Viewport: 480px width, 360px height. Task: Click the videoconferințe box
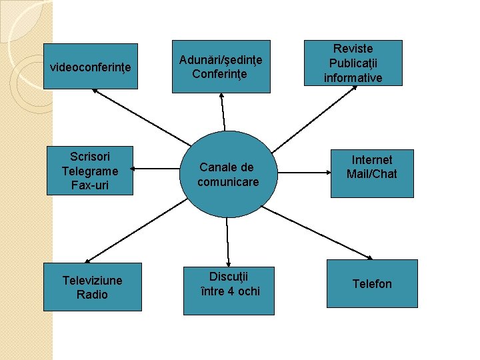[x=91, y=66]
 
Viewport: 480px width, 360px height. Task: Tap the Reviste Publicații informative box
[x=353, y=63]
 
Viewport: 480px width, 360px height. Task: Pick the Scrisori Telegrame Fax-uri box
[x=89, y=171]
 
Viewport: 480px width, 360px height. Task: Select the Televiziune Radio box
[x=92, y=287]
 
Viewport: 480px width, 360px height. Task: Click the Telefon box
[x=372, y=284]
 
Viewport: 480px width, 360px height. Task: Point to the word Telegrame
[x=89, y=171]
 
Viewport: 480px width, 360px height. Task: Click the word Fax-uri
[x=89, y=185]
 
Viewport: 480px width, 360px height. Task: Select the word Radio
[x=92, y=295]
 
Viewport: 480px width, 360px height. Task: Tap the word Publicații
[x=353, y=63]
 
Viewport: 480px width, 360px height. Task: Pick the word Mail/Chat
[x=372, y=174]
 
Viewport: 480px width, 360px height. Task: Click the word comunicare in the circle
[x=228, y=181]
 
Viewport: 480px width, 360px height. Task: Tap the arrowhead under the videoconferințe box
[x=103, y=92]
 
